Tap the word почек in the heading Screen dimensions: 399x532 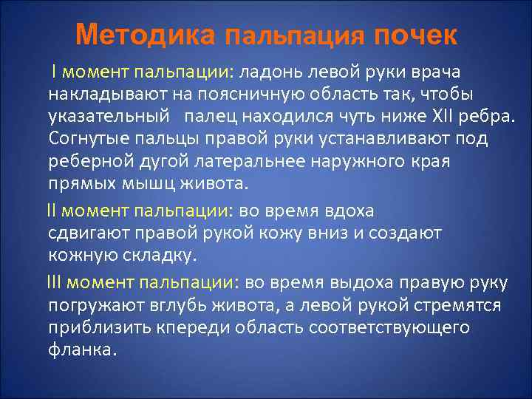point(415,34)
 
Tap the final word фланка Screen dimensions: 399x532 point(82,349)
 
